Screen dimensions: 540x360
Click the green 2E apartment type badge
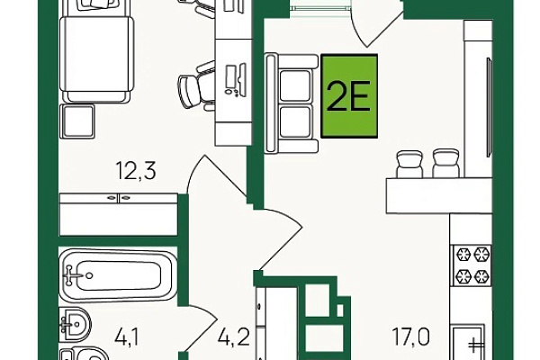(349, 96)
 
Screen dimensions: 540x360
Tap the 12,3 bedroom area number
(137, 170)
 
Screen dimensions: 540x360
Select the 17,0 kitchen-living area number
(411, 337)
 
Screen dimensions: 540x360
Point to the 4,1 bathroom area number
(126, 337)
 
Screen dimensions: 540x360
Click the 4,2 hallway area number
(233, 337)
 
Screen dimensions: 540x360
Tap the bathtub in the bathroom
(118, 275)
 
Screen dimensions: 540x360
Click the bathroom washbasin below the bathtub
(75, 324)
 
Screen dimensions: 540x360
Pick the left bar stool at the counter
(409, 164)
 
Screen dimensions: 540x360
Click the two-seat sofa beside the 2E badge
(291, 103)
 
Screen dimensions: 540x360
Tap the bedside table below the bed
(77, 121)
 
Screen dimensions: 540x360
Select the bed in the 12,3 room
(96, 51)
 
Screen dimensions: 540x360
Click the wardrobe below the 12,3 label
(119, 214)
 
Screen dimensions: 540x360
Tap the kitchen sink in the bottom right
(469, 342)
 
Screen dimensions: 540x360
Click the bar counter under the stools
(439, 195)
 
